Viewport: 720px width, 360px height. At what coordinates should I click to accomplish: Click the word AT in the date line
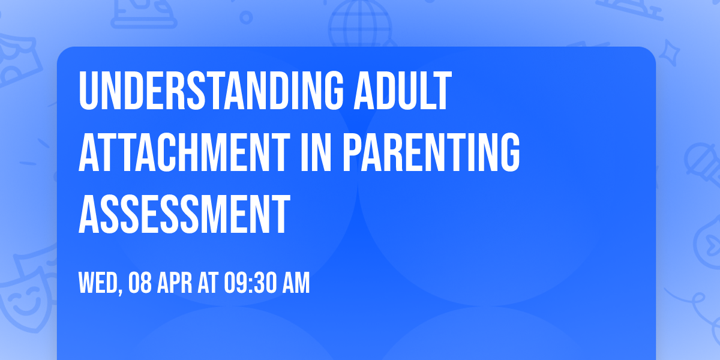coord(206,283)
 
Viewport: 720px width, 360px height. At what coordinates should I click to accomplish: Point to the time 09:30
coord(248,283)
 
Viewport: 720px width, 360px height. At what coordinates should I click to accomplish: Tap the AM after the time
coord(295,283)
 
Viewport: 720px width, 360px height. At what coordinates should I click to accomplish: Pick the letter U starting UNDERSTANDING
coord(88,91)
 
